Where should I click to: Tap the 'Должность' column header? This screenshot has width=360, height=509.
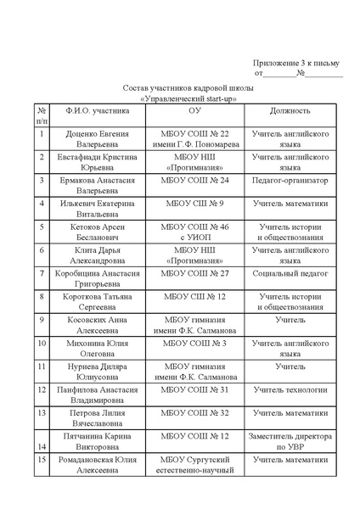click(290, 111)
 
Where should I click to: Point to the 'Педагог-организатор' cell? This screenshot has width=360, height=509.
click(290, 181)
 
